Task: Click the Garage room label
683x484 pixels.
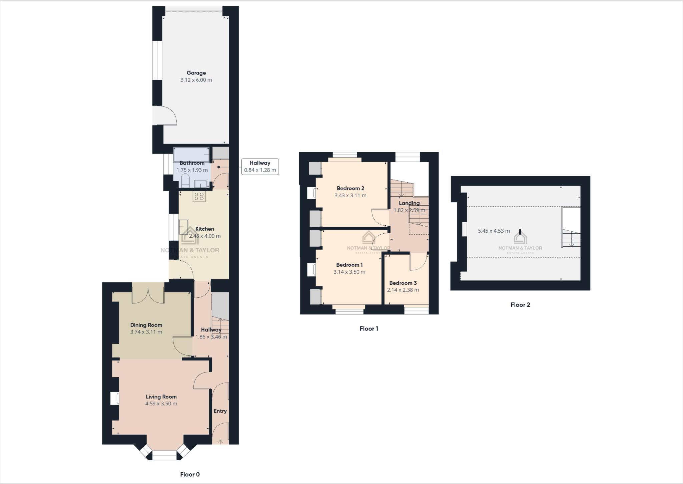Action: tap(196, 73)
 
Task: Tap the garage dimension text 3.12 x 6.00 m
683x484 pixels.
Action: tap(196, 80)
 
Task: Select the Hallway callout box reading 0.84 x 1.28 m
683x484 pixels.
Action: tap(260, 167)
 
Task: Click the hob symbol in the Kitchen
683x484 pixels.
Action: tap(199, 197)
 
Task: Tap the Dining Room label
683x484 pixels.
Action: tap(146, 325)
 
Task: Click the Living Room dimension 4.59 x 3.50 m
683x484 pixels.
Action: tap(161, 404)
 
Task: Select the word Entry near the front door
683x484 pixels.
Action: tap(220, 411)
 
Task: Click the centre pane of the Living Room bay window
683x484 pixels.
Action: tap(164, 455)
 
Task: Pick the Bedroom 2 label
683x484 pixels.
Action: tap(350, 188)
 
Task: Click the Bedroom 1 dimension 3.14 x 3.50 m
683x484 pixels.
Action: tap(349, 272)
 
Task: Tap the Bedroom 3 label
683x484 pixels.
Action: tap(403, 283)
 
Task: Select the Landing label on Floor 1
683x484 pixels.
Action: tap(409, 203)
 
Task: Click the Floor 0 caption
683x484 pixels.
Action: tap(190, 474)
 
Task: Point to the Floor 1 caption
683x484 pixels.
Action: tap(369, 328)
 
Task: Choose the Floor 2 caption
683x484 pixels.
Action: tap(520, 304)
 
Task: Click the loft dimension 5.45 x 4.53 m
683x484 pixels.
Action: tap(494, 231)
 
